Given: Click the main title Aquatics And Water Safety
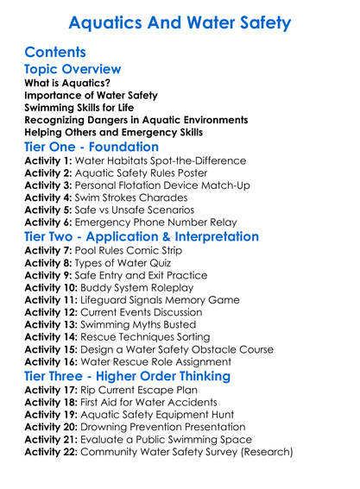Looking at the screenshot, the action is (x=180, y=23).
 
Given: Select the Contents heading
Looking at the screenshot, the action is (x=55, y=52).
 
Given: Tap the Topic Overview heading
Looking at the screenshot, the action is (x=73, y=69).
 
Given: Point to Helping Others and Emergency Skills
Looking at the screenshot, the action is (x=113, y=132).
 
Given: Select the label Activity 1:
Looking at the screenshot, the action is (x=51, y=161).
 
